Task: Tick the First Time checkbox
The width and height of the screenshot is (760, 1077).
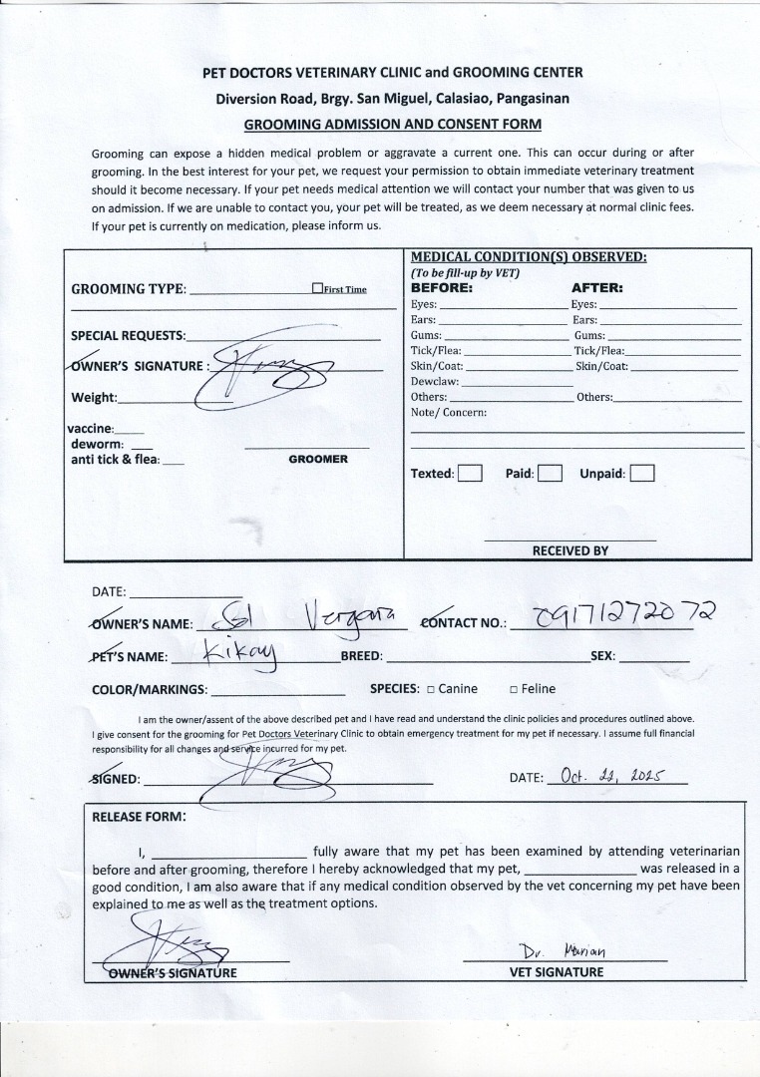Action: (317, 289)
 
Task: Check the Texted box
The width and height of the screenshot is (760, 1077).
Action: (471, 474)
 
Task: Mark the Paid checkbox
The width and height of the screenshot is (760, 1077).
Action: (550, 474)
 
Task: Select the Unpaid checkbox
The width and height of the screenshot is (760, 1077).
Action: (642, 474)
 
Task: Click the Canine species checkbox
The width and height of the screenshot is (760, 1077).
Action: (431, 689)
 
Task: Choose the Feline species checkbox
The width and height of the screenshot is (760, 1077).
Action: (513, 689)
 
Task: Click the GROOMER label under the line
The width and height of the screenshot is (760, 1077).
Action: (318, 460)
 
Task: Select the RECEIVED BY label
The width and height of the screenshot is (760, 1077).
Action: (570, 550)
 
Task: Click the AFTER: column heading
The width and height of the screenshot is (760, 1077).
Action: (596, 288)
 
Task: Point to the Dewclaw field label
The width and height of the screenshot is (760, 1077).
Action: (434, 382)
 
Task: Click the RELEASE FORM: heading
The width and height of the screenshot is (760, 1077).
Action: (139, 817)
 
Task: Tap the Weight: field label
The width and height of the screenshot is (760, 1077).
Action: (94, 398)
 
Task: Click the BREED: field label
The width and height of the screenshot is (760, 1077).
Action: (361, 657)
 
